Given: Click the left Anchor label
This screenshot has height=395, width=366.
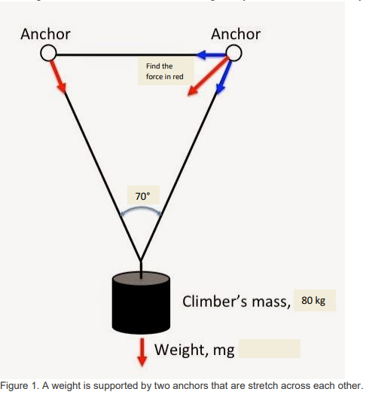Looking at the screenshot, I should pos(45,34).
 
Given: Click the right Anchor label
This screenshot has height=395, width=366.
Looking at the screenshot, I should pos(236,34).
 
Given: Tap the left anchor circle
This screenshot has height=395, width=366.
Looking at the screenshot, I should pos(47,53).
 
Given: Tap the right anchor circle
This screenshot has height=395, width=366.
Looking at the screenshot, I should pos(235,53).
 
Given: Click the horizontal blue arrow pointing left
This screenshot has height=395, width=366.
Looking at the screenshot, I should pos(211,54).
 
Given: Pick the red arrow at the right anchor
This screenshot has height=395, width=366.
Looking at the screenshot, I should pos(207,78).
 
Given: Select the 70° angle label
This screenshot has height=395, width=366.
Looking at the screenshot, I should pos(142,196).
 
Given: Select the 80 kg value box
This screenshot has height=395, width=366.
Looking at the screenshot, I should pos(313,301).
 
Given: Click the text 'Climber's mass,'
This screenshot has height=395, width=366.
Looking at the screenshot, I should pos(236,302).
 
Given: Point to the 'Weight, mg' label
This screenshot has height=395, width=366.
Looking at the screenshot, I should pos(194,349).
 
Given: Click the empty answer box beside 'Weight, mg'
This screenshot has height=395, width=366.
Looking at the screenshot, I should pos(270,349).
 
